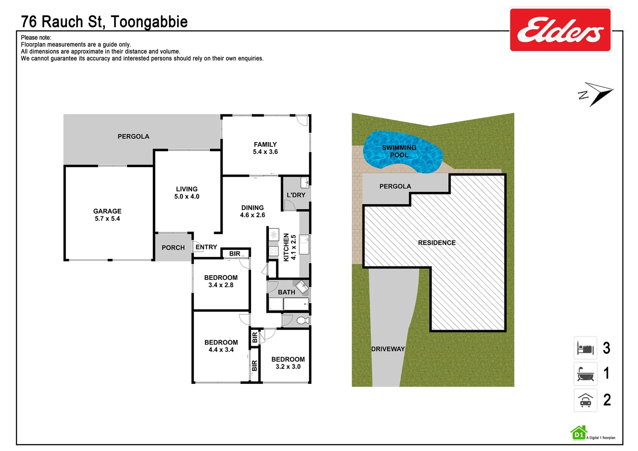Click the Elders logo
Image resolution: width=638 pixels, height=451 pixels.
tap(560, 30)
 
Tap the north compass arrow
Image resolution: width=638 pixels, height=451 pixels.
tap(597, 94)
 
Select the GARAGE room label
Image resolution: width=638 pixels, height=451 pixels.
tap(107, 215)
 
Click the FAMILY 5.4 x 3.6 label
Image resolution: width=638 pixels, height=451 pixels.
tap(265, 148)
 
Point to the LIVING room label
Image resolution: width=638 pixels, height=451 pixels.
tap(187, 193)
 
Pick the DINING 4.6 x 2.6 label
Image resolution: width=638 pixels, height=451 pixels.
tap(252, 211)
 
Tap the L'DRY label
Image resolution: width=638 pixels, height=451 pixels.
tap(296, 195)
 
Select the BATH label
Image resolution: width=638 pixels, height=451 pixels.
tap(286, 292)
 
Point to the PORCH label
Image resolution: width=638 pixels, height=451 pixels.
tap(173, 248)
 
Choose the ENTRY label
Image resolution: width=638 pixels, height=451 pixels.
tap(206, 247)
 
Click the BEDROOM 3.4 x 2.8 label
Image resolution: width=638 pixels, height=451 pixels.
tap(221, 281)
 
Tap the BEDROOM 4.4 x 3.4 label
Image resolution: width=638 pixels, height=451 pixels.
tap(221, 346)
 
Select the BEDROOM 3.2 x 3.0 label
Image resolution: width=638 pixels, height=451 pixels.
tap(288, 363)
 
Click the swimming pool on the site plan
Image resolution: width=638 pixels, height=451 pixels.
tap(401, 152)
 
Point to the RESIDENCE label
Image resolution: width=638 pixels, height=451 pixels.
tap(437, 243)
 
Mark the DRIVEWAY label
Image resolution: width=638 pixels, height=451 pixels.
tap(388, 349)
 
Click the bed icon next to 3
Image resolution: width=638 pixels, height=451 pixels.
tap(585, 348)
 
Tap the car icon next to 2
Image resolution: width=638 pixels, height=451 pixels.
tap(585, 400)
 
